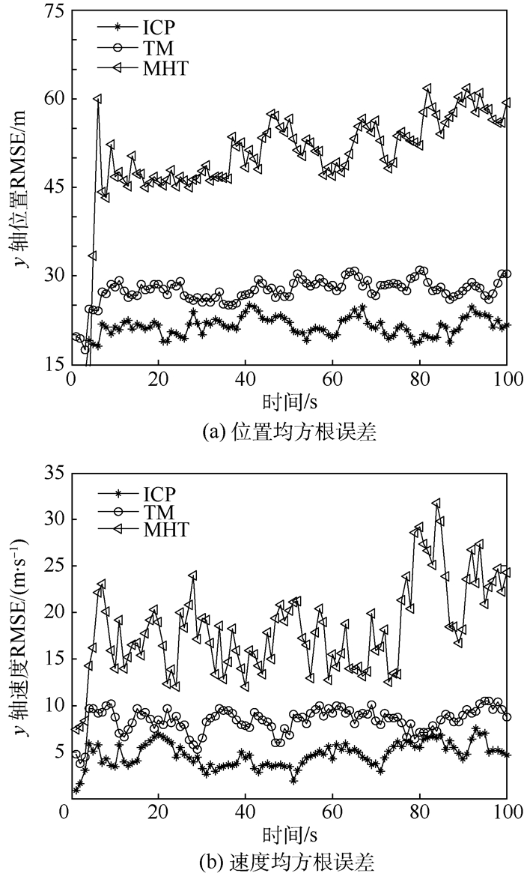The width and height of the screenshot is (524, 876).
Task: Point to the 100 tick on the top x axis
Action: coord(508,380)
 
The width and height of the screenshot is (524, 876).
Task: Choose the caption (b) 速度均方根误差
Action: coord(289,859)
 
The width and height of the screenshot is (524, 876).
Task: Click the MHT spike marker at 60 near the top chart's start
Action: coord(97,99)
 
